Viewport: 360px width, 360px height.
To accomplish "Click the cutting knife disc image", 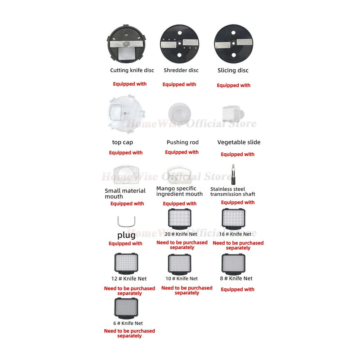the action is pyautogui.click(x=126, y=44).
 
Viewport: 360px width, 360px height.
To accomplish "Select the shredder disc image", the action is pyautogui.click(x=180, y=44).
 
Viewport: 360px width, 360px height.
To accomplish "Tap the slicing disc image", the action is pyautogui.click(x=234, y=44).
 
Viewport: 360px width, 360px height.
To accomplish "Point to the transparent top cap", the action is pyautogui.click(x=126, y=114).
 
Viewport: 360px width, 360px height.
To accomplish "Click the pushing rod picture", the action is pyautogui.click(x=180, y=114).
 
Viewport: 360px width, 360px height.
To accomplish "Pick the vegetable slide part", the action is pyautogui.click(x=233, y=114).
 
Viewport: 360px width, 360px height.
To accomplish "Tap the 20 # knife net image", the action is pyautogui.click(x=180, y=219).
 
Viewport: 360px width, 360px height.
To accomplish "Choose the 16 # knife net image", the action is pyautogui.click(x=234, y=219).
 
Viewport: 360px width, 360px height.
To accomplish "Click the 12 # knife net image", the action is pyautogui.click(x=126, y=264).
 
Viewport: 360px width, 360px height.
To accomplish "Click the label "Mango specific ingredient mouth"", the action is pyautogui.click(x=179, y=191).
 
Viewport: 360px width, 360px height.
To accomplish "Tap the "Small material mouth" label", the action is pyautogui.click(x=125, y=194).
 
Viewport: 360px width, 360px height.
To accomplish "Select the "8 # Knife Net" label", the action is pyautogui.click(x=236, y=279).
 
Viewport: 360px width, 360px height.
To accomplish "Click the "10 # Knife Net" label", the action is pyautogui.click(x=181, y=279).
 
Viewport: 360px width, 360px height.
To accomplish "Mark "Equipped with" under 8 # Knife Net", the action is pyautogui.click(x=238, y=289).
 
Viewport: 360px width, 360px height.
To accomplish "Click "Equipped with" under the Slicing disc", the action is pyautogui.click(x=234, y=85).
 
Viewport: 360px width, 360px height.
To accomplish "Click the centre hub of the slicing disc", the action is pyautogui.click(x=234, y=44).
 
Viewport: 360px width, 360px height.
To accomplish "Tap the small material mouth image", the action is pyautogui.click(x=126, y=175).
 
